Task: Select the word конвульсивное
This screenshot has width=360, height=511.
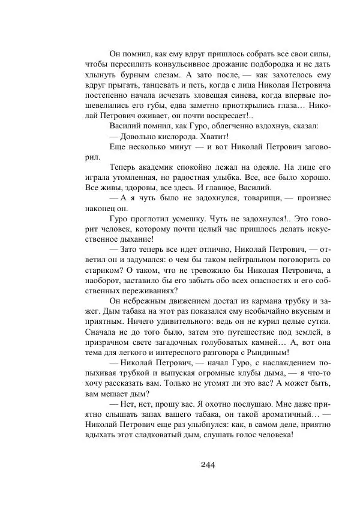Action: pos(163,64)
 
